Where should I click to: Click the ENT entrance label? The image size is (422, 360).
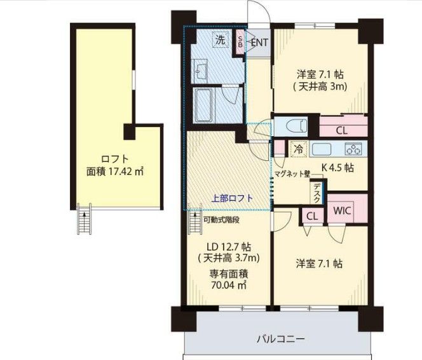(259, 43)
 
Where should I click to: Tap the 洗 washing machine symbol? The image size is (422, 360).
(219, 39)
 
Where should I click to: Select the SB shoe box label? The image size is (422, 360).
(240, 43)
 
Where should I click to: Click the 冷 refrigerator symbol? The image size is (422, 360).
(297, 149)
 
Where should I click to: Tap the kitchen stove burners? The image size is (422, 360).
(353, 149)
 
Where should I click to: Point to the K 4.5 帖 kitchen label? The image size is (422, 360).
(337, 169)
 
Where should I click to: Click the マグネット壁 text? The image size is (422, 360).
(292, 173)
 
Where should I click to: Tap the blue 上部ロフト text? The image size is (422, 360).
(231, 198)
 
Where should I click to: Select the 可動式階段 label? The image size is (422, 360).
(221, 220)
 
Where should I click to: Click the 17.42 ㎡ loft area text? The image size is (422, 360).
(115, 171)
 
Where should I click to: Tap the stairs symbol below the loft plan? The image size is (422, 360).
(82, 220)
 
